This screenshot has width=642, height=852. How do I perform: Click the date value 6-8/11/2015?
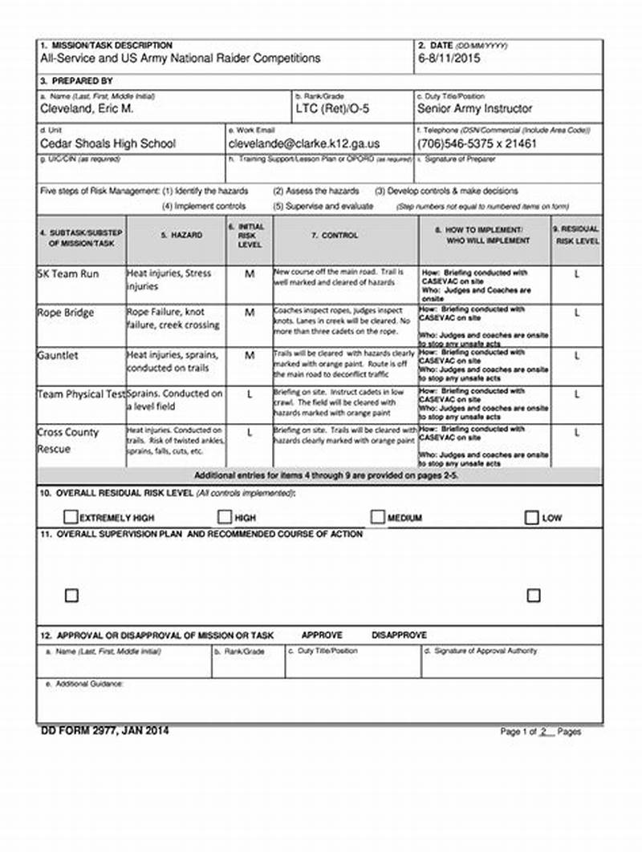(x=449, y=59)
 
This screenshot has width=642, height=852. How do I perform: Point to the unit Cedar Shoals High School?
(x=108, y=144)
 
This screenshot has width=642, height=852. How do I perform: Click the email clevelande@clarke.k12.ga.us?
(x=304, y=144)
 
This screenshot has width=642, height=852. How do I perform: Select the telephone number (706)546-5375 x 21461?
(x=477, y=144)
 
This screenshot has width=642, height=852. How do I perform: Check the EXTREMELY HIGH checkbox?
(x=71, y=518)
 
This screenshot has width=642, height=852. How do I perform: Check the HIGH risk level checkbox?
(x=225, y=518)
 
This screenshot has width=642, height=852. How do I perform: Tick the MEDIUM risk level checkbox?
(x=378, y=518)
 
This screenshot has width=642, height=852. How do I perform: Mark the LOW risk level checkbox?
(x=531, y=518)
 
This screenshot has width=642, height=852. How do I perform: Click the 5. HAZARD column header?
(x=176, y=236)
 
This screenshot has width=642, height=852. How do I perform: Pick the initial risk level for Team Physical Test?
(x=250, y=395)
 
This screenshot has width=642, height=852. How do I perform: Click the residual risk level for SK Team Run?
(x=576, y=274)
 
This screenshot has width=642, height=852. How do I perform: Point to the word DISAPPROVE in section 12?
(x=399, y=635)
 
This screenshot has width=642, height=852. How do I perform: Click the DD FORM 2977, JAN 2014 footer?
(x=104, y=730)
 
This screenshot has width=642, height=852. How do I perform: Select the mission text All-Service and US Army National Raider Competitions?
(x=181, y=59)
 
